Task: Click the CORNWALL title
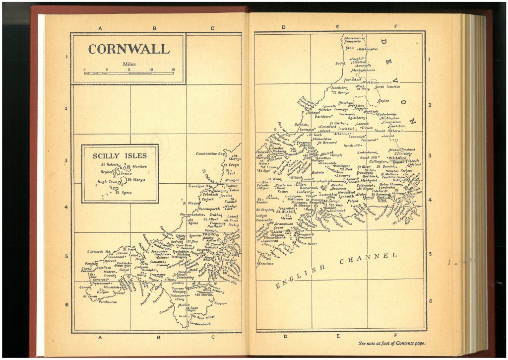click(128, 49)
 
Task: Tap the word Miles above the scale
click(129, 64)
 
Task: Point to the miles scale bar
click(129, 73)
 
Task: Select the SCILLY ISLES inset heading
click(120, 155)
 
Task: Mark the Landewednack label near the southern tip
click(200, 324)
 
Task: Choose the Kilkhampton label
click(368, 49)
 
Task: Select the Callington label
click(378, 161)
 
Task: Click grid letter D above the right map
click(283, 27)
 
